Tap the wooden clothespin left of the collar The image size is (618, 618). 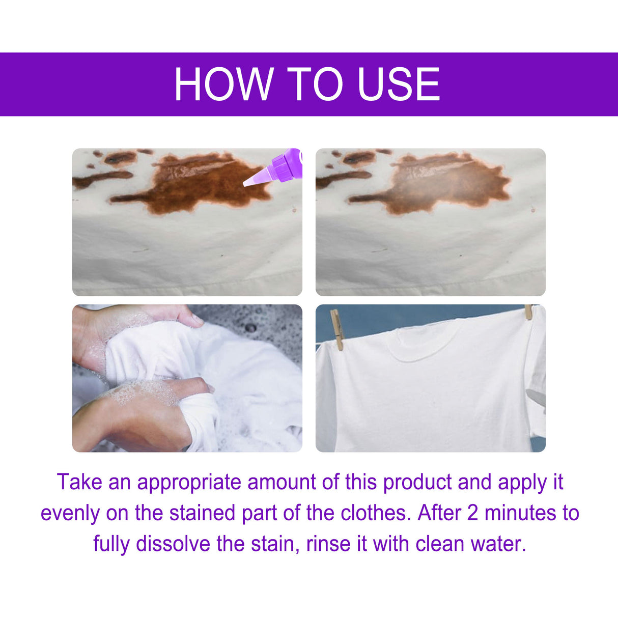(x=336, y=329)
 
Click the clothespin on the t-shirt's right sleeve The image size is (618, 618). (x=528, y=312)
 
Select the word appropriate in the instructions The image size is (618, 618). (x=189, y=482)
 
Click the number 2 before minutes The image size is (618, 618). (x=473, y=513)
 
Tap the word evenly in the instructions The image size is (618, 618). (x=70, y=513)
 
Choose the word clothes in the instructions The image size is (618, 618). (x=375, y=513)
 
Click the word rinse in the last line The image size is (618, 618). (x=329, y=544)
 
